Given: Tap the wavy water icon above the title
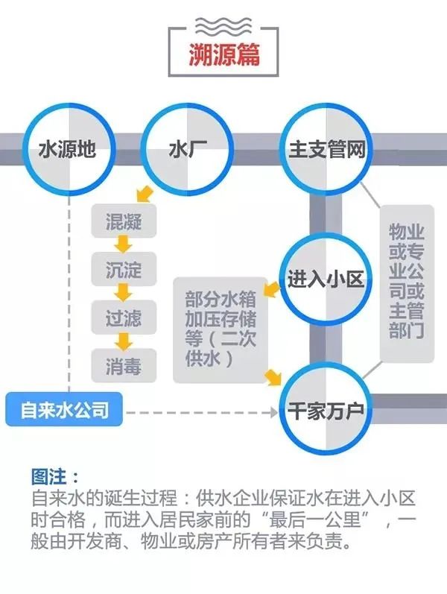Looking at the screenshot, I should tap(224, 27).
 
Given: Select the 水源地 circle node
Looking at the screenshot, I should tap(67, 149).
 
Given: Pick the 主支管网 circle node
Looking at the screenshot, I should tap(326, 149).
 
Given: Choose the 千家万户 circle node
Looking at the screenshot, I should tap(326, 408).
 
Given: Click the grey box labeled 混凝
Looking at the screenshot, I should tap(124, 222).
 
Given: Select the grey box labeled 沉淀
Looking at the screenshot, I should tap(124, 269).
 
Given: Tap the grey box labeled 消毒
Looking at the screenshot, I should tap(124, 365).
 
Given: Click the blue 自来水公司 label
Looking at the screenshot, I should tap(66, 410).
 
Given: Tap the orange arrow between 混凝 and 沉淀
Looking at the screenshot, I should tap(124, 245).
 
